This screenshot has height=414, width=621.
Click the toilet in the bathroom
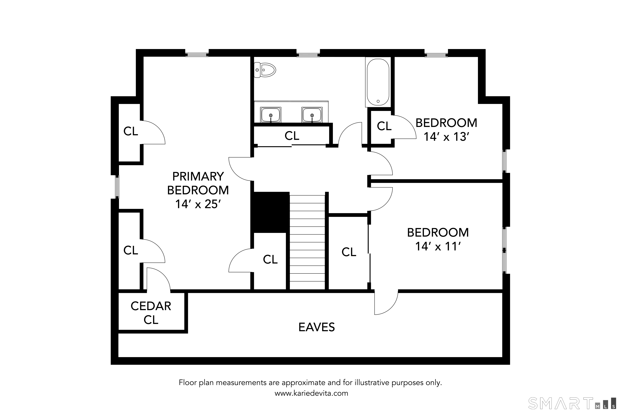(x=265, y=70)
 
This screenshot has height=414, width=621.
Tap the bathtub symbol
(x=378, y=82)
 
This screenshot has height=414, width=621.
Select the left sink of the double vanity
(x=271, y=115)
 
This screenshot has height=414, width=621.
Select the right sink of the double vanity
(x=312, y=115)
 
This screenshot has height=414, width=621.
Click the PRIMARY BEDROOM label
(x=198, y=183)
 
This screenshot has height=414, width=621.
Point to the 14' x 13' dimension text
(x=446, y=137)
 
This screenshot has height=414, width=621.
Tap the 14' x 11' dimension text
(x=438, y=247)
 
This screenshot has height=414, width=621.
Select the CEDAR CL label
(x=151, y=313)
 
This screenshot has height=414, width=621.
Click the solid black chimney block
(x=270, y=212)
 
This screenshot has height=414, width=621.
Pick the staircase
(x=307, y=242)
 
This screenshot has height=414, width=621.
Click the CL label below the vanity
(x=292, y=136)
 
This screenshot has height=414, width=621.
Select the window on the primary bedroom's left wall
(x=117, y=187)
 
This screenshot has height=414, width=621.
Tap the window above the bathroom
(x=308, y=55)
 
